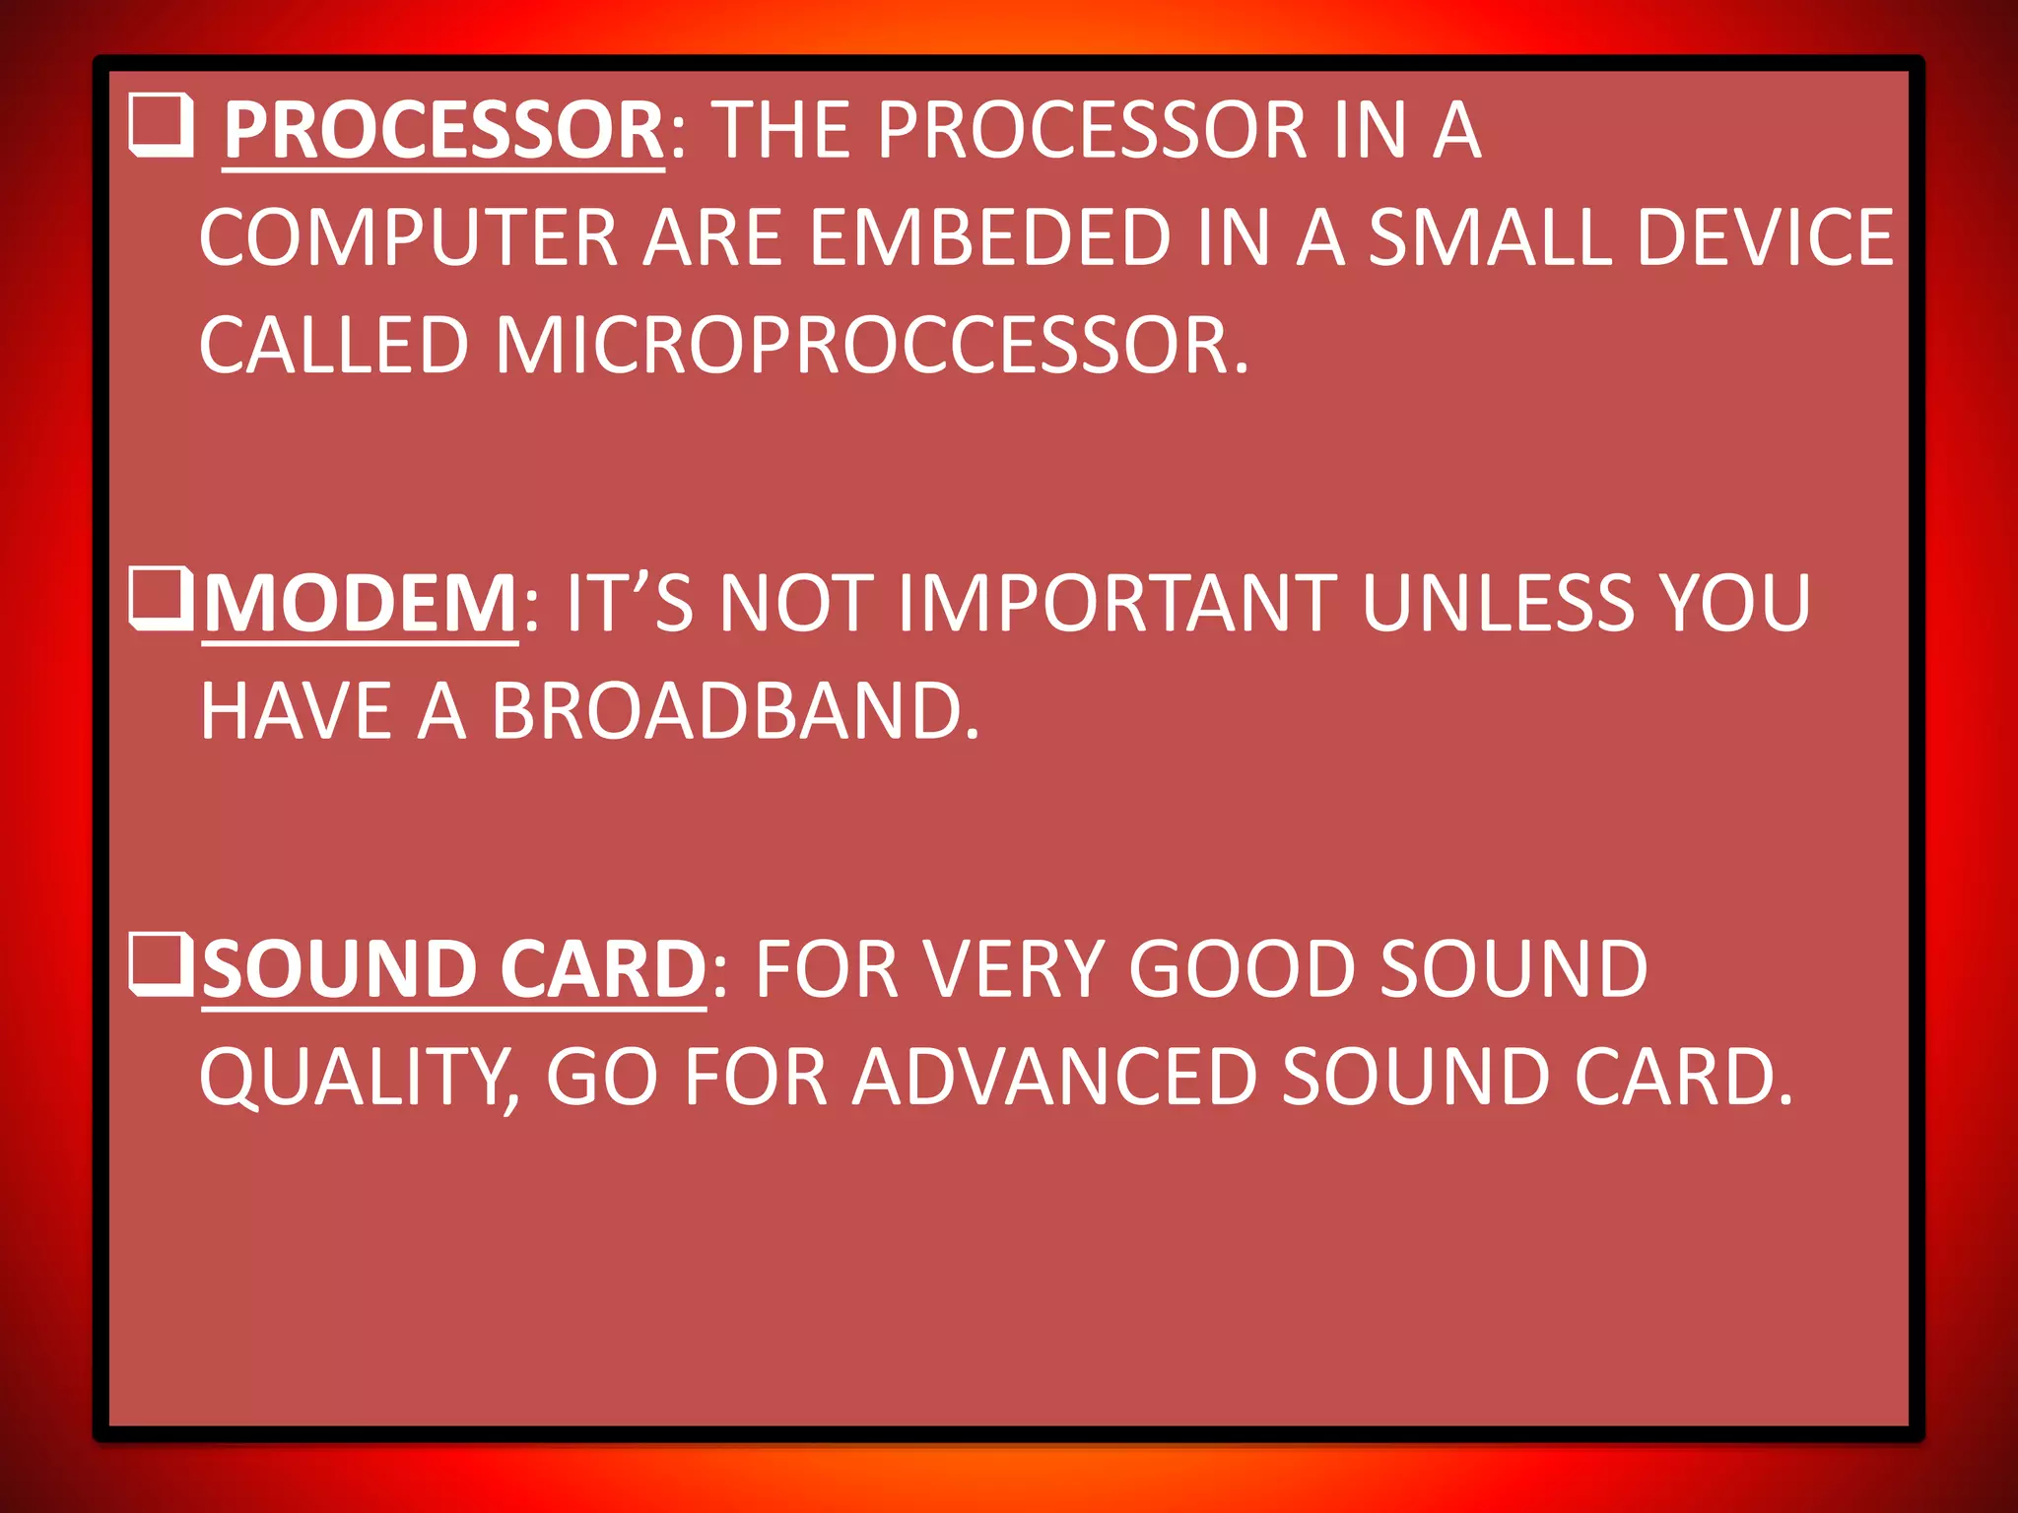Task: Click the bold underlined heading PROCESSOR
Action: click(443, 131)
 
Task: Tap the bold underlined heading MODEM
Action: click(360, 603)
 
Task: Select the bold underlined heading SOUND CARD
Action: click(453, 969)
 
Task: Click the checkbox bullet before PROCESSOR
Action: click(161, 125)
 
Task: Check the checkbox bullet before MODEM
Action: click(161, 599)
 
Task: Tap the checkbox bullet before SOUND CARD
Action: click(161, 964)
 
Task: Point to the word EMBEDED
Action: click(990, 238)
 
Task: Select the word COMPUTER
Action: click(408, 238)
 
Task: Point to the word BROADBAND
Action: click(735, 711)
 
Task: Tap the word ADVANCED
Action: click(1054, 1078)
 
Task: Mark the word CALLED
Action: click(333, 346)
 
